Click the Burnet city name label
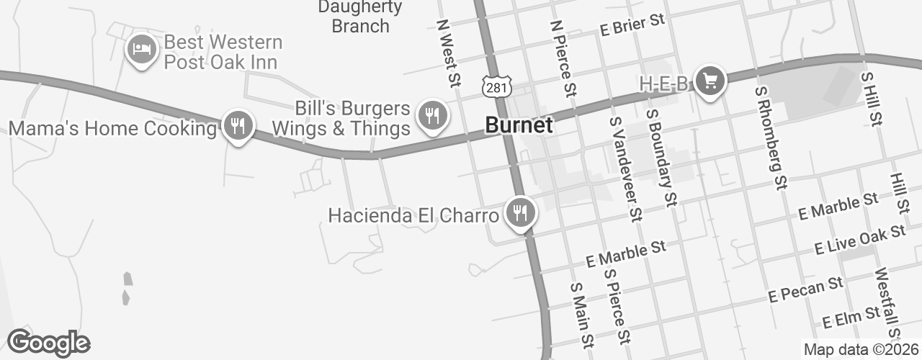click(519, 125)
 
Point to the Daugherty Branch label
click(359, 17)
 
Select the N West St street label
click(448, 51)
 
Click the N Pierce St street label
click(563, 58)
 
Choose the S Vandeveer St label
click(625, 168)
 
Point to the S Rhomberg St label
click(769, 137)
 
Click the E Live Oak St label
click(859, 240)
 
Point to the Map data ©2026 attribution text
click(861, 350)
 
